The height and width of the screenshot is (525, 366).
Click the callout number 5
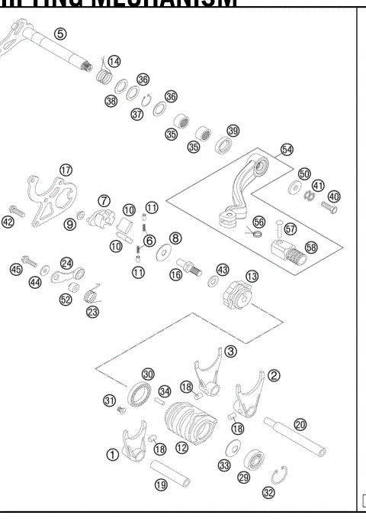click(x=60, y=33)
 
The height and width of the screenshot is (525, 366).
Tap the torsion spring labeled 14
click(x=104, y=76)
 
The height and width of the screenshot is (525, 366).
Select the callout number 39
click(x=233, y=131)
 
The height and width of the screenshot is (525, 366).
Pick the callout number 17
click(x=66, y=170)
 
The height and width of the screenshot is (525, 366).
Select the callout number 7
click(x=104, y=200)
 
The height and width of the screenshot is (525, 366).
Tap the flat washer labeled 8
click(x=162, y=251)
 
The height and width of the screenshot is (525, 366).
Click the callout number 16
click(x=175, y=274)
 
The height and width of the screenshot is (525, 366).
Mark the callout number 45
click(x=15, y=268)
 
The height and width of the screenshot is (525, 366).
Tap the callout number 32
click(x=268, y=493)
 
